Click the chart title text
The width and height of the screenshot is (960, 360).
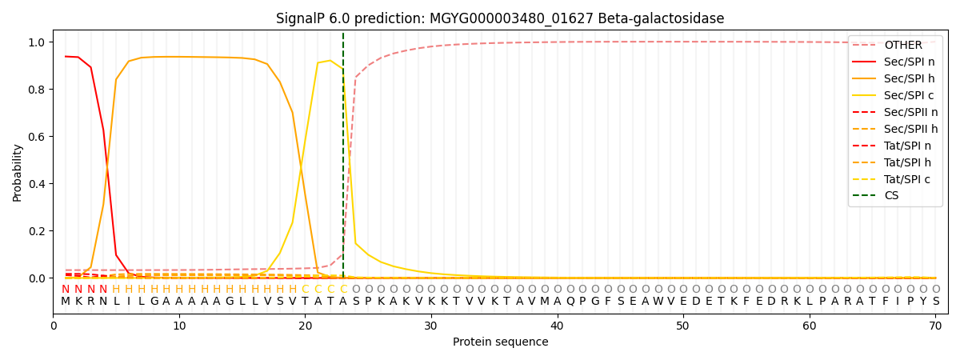[x=500, y=18]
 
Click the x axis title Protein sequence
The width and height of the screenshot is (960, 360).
[x=500, y=342]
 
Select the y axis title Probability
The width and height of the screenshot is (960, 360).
[x=18, y=172]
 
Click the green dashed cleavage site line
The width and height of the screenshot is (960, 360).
[x=343, y=160]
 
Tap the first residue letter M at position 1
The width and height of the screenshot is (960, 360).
[x=66, y=301]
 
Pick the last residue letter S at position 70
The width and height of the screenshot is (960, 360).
[x=935, y=301]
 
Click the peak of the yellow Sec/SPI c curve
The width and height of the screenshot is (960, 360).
[x=330, y=60]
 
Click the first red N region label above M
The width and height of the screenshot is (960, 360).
[x=66, y=289]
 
